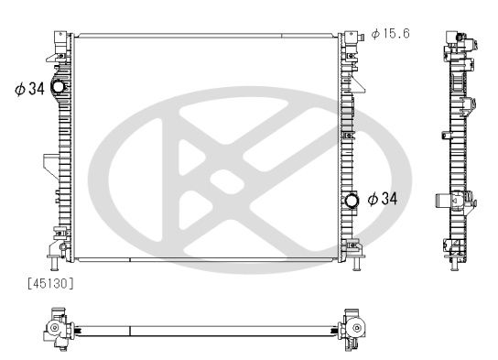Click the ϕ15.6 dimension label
390,34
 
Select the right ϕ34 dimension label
383,198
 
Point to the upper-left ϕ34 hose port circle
59,88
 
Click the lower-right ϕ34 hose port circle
353,199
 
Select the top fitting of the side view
457,39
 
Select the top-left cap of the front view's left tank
60,40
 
